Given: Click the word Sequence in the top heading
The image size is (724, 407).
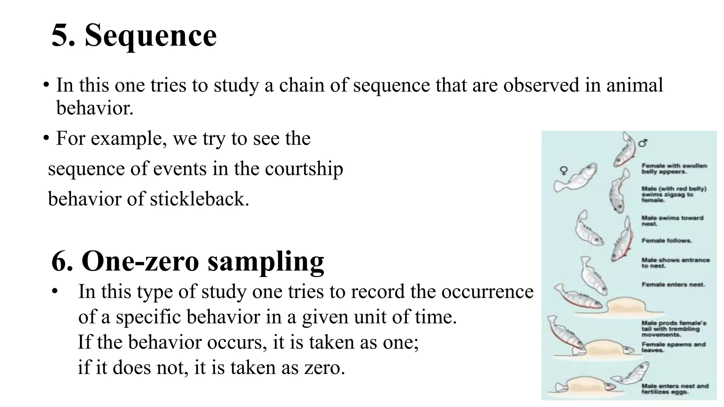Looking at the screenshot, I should [x=151, y=35].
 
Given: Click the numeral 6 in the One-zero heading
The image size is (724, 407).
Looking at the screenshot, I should [x=62, y=262].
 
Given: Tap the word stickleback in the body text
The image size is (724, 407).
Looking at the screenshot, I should [x=199, y=199].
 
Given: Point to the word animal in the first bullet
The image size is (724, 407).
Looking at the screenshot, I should [x=635, y=85].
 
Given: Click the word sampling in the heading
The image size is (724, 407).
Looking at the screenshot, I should [x=265, y=262].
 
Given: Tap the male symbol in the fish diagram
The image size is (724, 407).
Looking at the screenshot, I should [x=643, y=143].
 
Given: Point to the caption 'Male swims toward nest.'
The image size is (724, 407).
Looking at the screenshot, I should [x=672, y=221].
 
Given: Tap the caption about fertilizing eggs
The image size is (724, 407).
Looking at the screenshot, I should [x=675, y=389].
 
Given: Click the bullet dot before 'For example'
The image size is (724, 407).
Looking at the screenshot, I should [x=46, y=138].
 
